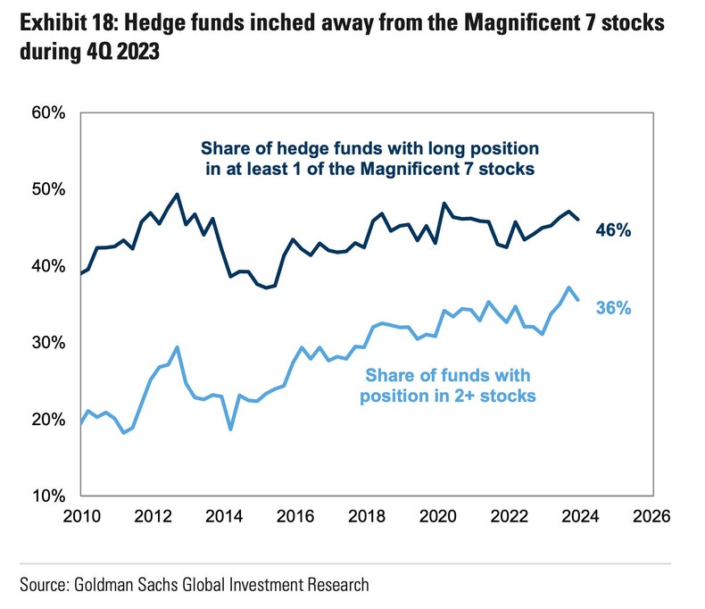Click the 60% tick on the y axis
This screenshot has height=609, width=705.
tap(45, 113)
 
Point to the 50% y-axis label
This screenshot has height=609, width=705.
tap(45, 190)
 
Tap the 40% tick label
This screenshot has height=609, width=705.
tap(45, 266)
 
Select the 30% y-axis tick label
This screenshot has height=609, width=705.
tap(45, 343)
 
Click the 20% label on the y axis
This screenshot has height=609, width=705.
tap(45, 420)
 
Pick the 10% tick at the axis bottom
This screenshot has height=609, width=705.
tap(45, 496)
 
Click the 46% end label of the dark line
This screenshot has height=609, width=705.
tap(613, 231)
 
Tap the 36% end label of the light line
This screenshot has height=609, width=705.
tap(613, 308)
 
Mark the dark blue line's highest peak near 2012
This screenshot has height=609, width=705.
tap(177, 195)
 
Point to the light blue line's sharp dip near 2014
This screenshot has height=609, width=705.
tap(231, 430)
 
